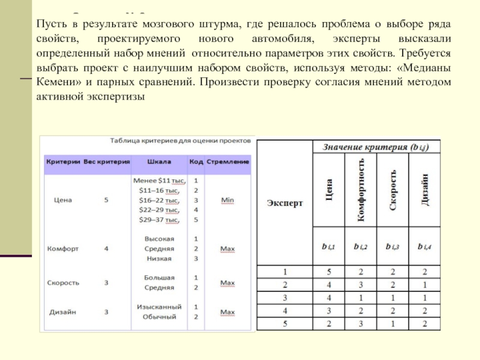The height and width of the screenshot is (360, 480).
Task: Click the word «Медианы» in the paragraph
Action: click(x=427, y=68)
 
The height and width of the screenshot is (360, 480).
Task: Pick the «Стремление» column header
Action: click(x=228, y=162)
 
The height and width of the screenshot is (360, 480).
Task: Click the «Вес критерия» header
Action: click(x=106, y=162)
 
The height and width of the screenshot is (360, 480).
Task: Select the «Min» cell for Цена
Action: click(x=227, y=200)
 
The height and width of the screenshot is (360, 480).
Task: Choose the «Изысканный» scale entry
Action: click(x=159, y=306)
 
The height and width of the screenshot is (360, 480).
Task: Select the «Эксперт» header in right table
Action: click(x=285, y=203)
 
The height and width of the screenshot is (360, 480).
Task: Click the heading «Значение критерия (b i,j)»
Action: click(x=376, y=147)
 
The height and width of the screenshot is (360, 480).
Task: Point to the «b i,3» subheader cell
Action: click(x=392, y=246)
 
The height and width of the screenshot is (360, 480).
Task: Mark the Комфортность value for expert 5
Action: click(x=361, y=324)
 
